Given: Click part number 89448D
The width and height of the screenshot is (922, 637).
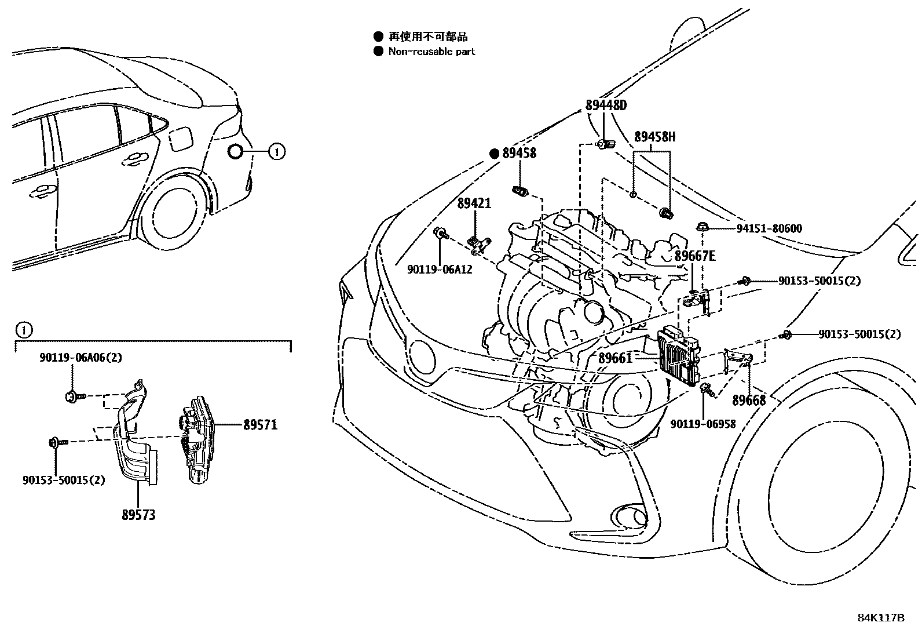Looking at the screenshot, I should coord(606,105).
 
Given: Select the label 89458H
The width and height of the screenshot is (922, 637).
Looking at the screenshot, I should coord(654,137).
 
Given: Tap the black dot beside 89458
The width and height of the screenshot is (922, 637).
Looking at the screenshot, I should coord(494,153).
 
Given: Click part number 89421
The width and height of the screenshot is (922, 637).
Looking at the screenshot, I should coord(474,203).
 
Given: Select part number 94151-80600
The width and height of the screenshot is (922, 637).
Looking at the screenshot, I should coord(769,228).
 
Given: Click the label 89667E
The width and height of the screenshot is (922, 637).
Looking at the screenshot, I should coord(694,256).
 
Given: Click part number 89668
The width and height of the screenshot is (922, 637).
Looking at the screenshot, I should coord(749,401).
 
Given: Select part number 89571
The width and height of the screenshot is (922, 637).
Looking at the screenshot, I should coord(260,425).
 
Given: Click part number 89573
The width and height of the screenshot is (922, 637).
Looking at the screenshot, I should coord(138,514).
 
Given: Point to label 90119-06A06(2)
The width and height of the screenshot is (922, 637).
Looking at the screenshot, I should coord(81,358).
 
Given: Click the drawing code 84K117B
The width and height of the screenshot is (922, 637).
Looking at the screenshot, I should coord(880,617).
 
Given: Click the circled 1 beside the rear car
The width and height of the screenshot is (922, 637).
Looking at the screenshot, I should coord(277,152).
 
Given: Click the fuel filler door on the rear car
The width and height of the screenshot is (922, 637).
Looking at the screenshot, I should coord(180,139).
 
